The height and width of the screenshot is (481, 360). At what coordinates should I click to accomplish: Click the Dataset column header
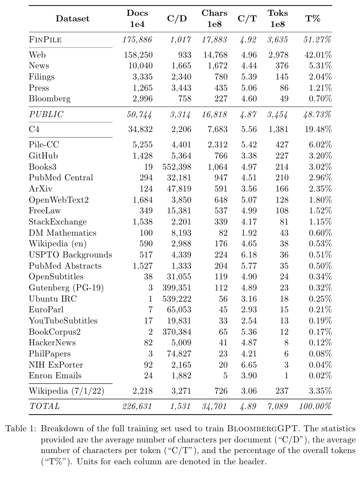[x=72, y=19]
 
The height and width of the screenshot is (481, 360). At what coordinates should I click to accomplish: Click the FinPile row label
[x=46, y=40]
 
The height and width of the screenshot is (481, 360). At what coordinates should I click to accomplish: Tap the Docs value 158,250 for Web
[x=138, y=55]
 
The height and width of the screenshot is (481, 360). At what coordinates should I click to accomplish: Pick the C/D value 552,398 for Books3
[x=177, y=167]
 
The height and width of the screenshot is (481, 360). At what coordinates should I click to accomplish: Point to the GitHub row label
[x=43, y=156]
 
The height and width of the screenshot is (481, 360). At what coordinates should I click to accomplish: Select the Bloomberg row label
[x=50, y=99]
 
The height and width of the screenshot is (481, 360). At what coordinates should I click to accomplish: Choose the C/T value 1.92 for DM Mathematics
[x=249, y=233]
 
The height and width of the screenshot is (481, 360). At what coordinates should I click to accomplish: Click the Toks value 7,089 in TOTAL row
[x=278, y=406]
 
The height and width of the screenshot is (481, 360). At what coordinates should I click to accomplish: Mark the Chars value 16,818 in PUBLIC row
[x=214, y=114]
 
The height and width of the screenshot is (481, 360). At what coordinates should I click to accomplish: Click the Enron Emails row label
[x=55, y=376]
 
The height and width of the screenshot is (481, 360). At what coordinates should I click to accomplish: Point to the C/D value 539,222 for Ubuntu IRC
[x=177, y=299]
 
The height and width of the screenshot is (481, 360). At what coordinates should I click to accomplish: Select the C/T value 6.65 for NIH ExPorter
[x=249, y=365]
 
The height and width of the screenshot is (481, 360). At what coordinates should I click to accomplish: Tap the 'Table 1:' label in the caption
[x=21, y=429]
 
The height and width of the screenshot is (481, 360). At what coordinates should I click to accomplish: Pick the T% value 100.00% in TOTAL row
[x=315, y=406]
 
